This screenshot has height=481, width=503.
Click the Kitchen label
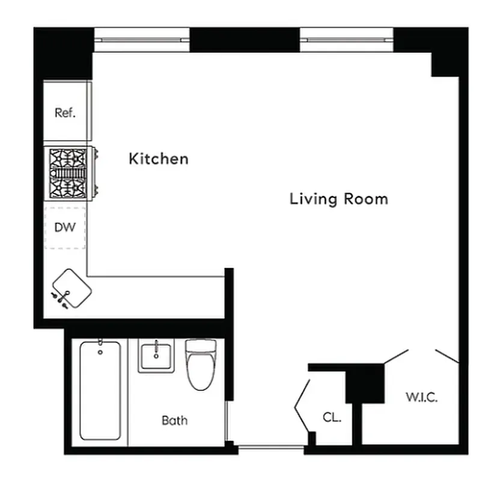tap(159, 159)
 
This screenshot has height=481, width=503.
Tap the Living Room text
tap(338, 198)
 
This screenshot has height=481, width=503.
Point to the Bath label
tap(174, 420)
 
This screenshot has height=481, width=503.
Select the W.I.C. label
tap(421, 397)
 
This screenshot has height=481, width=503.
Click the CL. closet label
tap(331, 417)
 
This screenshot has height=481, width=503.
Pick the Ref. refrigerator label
tap(65, 112)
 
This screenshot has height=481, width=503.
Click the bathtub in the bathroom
tap(100, 391)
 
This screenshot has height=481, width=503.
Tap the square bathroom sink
tap(156, 356)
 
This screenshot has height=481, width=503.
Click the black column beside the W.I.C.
tap(367, 383)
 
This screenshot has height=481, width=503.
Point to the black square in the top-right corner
tap(445, 63)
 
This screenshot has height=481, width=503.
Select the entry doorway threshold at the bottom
tap(270, 447)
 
